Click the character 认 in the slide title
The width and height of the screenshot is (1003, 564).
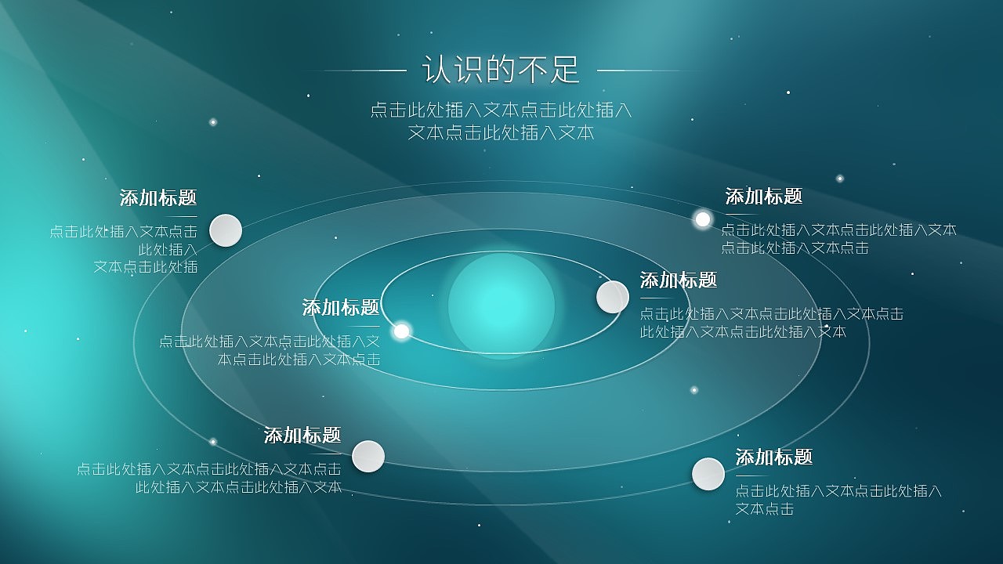tap(437, 70)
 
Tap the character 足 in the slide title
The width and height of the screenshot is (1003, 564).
tap(565, 70)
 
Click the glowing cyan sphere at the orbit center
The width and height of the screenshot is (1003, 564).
tap(501, 305)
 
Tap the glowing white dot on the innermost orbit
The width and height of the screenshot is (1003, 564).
tap(401, 331)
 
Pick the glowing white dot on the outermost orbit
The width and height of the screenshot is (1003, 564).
tap(703, 219)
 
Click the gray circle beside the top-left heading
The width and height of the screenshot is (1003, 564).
tap(226, 230)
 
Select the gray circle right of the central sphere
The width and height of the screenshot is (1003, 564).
tap(612, 297)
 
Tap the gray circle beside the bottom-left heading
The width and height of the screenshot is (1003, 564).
tap(368, 457)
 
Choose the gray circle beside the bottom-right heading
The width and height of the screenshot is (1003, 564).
tap(708, 474)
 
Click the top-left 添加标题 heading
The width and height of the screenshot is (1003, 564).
tap(158, 197)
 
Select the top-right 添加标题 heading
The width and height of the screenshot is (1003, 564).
tap(764, 196)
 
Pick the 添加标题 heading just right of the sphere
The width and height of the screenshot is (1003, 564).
tap(679, 280)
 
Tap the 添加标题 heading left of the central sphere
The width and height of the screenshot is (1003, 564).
tap(341, 307)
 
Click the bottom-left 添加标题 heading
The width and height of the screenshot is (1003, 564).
tap(302, 435)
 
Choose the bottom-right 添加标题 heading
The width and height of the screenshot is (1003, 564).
tap(774, 457)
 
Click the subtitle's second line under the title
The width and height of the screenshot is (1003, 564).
tap(501, 132)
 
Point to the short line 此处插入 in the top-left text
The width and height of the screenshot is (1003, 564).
tap(168, 250)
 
